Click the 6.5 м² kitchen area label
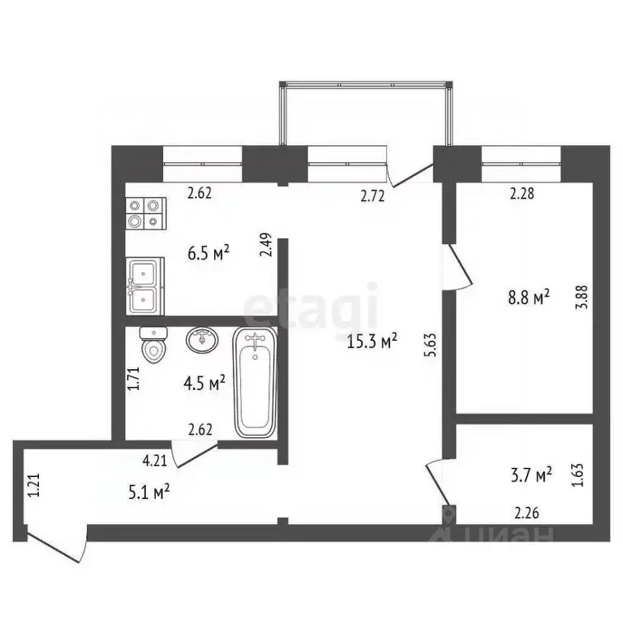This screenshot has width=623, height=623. [208, 253]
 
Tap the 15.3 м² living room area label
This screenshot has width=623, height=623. [372, 342]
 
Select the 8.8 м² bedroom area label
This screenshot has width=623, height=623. [529, 297]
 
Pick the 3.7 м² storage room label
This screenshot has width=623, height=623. [531, 472]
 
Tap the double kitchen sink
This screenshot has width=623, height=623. [145, 286]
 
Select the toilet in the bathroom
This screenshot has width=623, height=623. [152, 347]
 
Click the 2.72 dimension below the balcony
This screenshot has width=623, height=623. [372, 195]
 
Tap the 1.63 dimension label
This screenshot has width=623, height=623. [577, 474]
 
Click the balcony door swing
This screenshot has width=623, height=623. [410, 174]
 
